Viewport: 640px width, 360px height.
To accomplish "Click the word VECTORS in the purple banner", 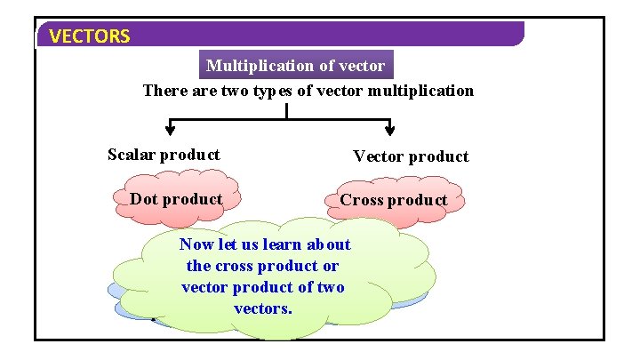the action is pos(90,36).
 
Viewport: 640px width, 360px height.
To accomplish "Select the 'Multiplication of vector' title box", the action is pos(296,66).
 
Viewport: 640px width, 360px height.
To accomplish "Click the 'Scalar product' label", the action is pos(164,155).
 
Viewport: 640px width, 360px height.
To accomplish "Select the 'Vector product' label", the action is pos(411,156).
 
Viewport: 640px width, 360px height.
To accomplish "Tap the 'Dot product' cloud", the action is pos(176,199).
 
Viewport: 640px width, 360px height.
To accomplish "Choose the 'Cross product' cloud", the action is pos(393,200).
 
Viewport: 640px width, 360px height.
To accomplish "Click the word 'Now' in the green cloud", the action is pos(196,244).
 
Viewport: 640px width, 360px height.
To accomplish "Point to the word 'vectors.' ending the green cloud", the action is pos(263,308).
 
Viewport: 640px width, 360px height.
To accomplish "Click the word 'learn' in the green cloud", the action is pos(283,244).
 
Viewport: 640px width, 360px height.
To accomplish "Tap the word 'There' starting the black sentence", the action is pos(163,91).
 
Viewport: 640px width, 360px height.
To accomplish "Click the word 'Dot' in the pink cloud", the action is pos(144,199).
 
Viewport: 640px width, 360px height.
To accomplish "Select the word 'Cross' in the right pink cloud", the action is pos(361,200).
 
